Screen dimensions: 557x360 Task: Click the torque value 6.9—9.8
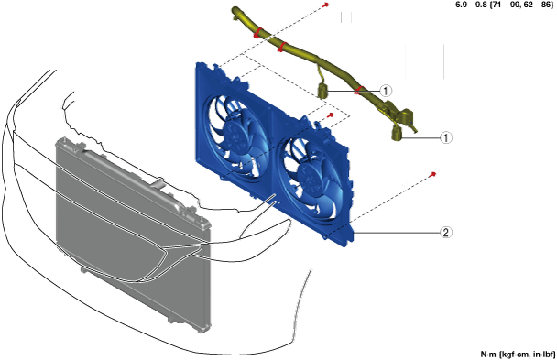471,5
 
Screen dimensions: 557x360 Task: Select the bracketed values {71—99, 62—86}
521,5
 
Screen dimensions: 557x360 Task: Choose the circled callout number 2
446,233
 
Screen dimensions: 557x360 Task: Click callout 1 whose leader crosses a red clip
386,91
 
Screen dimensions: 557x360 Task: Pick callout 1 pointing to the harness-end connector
446,137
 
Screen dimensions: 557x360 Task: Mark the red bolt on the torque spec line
326,5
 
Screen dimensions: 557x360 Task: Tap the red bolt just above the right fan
331,115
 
